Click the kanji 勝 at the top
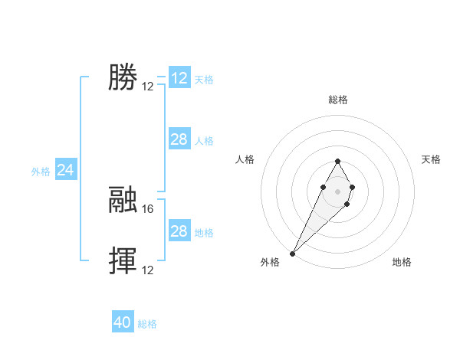pyautogui.click(x=123, y=77)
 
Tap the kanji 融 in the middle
pyautogui.click(x=123, y=200)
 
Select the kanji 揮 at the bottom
pyautogui.click(x=123, y=261)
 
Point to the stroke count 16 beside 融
pyautogui.click(x=149, y=208)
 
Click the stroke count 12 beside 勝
pyautogui.click(x=148, y=87)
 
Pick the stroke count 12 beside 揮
pyautogui.click(x=149, y=270)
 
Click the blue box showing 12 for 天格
pyautogui.click(x=179, y=78)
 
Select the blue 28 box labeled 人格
pyautogui.click(x=179, y=139)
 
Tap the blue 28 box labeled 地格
pyautogui.click(x=179, y=231)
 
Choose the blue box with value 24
pyautogui.click(x=66, y=170)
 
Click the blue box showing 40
pyautogui.click(x=123, y=323)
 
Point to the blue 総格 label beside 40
pyautogui.click(x=147, y=324)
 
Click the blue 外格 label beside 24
pyautogui.click(x=41, y=172)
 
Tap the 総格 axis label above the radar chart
pyautogui.click(x=338, y=100)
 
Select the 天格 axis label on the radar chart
pyautogui.click(x=431, y=159)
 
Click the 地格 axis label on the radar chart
pyautogui.click(x=402, y=262)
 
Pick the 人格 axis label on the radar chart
pyautogui.click(x=245, y=159)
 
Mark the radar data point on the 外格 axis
pyautogui.click(x=293, y=253)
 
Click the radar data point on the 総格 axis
pyautogui.click(x=337, y=161)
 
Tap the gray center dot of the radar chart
pyautogui.click(x=337, y=191)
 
